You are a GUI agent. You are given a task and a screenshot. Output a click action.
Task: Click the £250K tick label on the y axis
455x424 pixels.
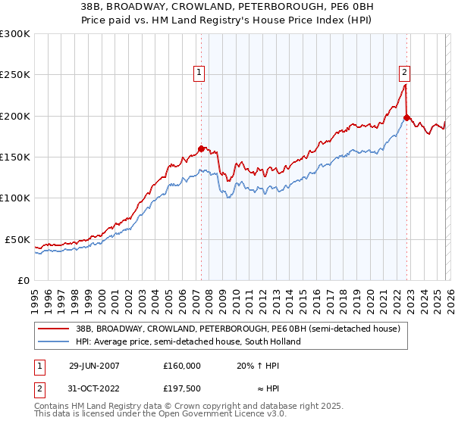[15, 75]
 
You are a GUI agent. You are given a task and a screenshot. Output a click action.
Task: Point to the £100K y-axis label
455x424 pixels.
[15, 198]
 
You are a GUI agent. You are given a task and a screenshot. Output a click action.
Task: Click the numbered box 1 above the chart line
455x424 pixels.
[199, 73]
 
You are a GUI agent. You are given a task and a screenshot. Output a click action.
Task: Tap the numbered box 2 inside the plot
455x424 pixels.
[404, 73]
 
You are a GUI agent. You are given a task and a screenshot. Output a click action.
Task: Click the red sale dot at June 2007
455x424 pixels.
[202, 149]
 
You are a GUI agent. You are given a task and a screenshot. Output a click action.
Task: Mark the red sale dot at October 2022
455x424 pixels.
[407, 117]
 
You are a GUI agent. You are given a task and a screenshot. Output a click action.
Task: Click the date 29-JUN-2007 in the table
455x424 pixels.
[93, 365]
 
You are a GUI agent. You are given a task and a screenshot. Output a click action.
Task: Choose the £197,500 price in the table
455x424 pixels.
[181, 389]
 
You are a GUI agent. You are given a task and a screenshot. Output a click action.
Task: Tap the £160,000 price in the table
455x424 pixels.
[181, 365]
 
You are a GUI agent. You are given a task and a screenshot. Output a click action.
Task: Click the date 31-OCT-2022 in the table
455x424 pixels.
[93, 389]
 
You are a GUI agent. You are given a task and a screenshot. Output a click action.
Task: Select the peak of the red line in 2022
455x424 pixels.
[405, 83]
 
